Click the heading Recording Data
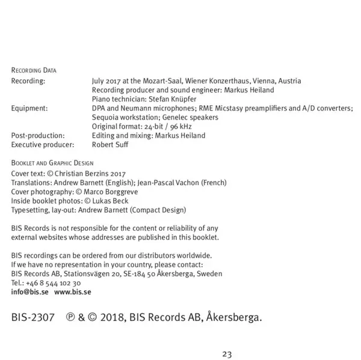click(x=34, y=71)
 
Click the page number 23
click(x=226, y=354)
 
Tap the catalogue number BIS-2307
click(x=33, y=316)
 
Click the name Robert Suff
click(x=110, y=144)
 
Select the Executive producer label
click(x=42, y=144)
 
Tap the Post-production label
click(x=38, y=135)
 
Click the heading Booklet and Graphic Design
click(x=52, y=163)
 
